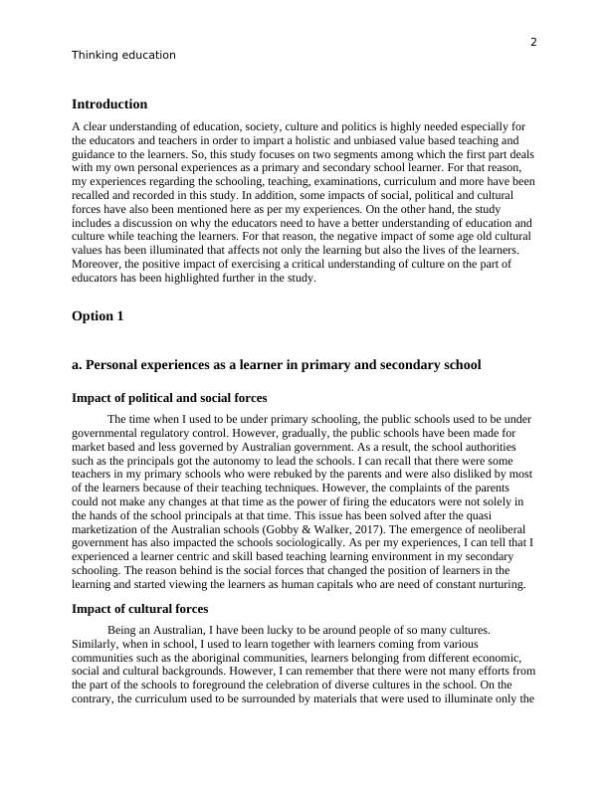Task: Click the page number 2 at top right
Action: tap(533, 42)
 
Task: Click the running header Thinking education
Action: tap(123, 56)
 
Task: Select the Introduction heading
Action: tap(109, 104)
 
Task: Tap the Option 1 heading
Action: tap(99, 316)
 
